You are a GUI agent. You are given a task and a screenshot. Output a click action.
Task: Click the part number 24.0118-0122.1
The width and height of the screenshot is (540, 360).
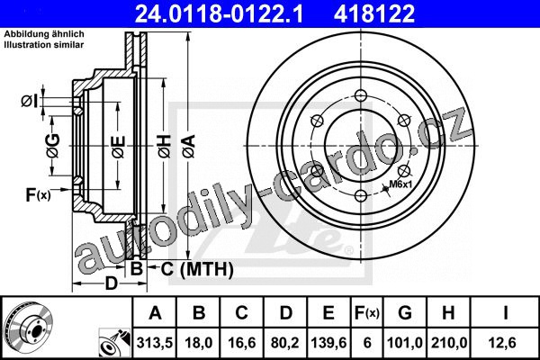[219, 13]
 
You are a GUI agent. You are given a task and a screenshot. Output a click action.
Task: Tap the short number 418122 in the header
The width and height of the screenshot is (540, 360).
[374, 13]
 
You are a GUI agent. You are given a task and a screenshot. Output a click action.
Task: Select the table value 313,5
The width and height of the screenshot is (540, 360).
[154, 343]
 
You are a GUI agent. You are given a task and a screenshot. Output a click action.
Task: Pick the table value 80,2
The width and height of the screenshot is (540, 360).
[285, 343]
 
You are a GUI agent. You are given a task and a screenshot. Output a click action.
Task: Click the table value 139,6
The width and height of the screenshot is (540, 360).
[328, 343]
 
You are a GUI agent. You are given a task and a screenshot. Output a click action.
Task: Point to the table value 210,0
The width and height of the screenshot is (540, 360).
[449, 343]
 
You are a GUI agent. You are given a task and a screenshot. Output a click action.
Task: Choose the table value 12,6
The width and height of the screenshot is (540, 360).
[505, 343]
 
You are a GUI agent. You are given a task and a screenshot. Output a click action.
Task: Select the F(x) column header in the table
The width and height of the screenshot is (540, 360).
[367, 313]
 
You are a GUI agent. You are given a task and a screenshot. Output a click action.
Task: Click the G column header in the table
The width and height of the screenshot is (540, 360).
[405, 313]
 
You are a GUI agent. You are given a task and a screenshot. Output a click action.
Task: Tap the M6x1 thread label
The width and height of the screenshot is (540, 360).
[400, 184]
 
